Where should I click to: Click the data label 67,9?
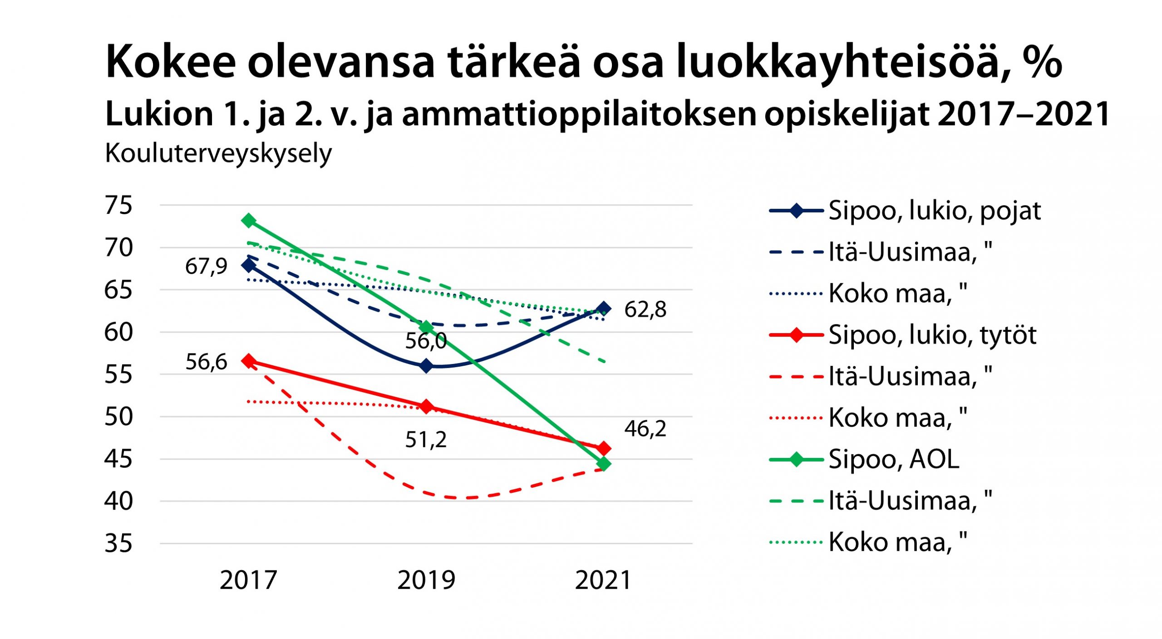206,266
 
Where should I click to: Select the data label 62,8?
645,310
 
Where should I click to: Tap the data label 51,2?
426,440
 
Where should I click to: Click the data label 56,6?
206,362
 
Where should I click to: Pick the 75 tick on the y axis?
118,205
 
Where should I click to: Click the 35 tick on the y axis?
118,543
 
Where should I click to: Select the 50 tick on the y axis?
118,417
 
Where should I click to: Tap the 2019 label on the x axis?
426,580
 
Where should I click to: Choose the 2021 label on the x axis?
603,580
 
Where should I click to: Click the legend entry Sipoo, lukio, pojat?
934,211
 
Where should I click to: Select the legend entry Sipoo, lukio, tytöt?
932,335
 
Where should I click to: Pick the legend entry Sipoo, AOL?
894,460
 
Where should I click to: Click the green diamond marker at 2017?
249,221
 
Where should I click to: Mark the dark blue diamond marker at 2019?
426,366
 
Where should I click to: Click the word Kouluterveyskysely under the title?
218,154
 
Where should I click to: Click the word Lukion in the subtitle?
159,114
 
